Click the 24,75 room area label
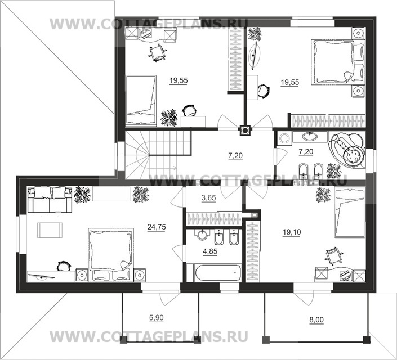point(157,227)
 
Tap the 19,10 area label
point(292,232)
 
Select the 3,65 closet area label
point(208,198)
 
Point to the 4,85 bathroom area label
point(210,251)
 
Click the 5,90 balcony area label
point(156,317)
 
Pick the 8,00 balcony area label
point(316,320)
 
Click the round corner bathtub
point(347,149)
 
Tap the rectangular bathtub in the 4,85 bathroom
point(218,273)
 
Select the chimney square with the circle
point(245,130)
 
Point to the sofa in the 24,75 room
point(50,199)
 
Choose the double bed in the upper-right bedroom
point(337,62)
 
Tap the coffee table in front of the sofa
point(50,230)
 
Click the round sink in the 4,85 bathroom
point(202,235)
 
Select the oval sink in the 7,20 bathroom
point(309,137)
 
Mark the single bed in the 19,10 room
point(350,213)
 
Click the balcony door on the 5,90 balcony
point(170,299)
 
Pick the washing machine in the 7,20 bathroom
point(284,138)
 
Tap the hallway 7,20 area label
point(235,155)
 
